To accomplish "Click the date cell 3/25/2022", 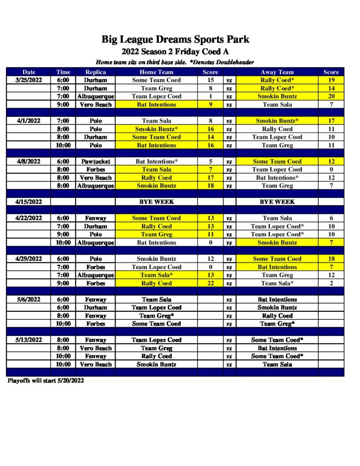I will click(29, 80).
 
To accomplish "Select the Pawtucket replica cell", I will click(96, 161).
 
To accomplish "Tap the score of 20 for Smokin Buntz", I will click(331, 96).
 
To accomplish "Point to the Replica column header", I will click(96, 72).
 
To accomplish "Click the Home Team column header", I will click(156, 72).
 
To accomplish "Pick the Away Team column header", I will click(277, 72).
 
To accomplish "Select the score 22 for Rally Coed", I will click(210, 283).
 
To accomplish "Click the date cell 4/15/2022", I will click(29, 202).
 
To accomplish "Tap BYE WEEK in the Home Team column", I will click(156, 202).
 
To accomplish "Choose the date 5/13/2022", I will click(29, 340).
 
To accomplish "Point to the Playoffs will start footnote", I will click(46, 380).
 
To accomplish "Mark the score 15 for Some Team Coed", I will click(210, 80).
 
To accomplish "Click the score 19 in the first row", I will click(331, 80).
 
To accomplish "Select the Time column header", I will click(63, 72).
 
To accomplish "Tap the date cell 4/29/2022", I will click(29, 259).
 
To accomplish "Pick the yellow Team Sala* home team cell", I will click(156, 275).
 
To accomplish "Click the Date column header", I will click(29, 72).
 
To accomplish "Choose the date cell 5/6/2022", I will click(29, 299).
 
